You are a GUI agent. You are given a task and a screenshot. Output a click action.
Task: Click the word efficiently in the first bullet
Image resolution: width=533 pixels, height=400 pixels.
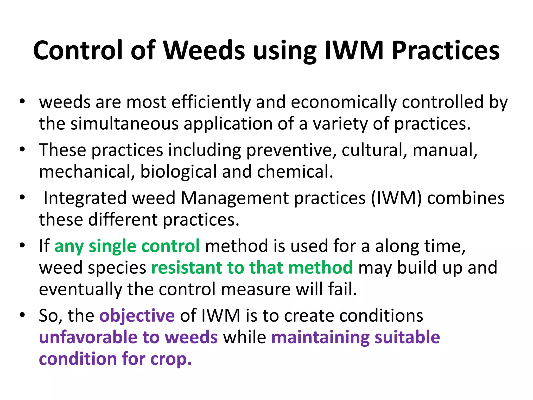[211, 102]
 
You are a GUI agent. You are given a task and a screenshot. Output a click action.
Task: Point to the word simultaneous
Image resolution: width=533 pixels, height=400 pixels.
[125, 123]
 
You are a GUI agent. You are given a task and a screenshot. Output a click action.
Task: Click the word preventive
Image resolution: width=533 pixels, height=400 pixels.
[291, 150]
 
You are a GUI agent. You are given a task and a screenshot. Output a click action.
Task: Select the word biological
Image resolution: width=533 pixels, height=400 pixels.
[178, 172]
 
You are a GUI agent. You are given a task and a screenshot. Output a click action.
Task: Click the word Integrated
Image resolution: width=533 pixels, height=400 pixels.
[85, 198]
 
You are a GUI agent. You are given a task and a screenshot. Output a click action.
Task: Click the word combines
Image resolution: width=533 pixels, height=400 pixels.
[466, 198]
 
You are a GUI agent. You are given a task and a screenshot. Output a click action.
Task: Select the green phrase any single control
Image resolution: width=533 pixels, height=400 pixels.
[127, 246]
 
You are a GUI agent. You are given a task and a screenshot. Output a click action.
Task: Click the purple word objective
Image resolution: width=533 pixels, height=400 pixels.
[137, 316]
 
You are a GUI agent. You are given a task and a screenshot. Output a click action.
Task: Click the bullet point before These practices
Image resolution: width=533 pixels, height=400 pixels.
[22, 149]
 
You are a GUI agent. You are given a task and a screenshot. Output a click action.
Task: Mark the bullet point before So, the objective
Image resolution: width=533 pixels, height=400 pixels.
[22, 315]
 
